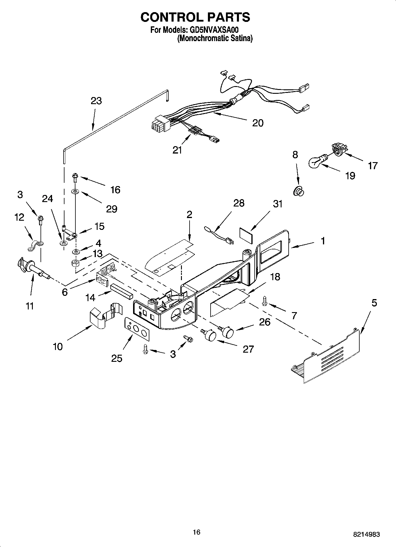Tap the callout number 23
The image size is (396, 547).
[96, 101]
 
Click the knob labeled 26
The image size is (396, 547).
[227, 331]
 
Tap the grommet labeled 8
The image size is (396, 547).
[298, 192]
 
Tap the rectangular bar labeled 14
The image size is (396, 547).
[122, 291]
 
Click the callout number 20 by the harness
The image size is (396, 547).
[258, 123]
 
